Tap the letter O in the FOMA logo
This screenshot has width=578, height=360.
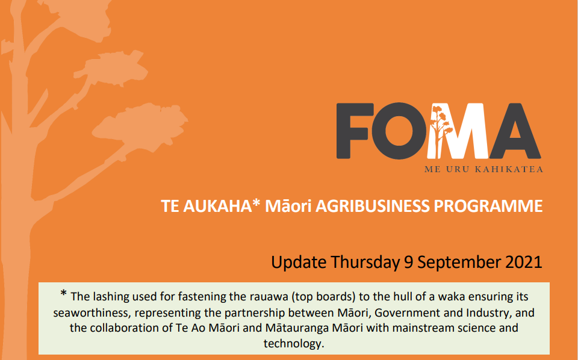399,131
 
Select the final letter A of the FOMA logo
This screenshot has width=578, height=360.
515,131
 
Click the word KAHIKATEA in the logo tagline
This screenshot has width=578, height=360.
509,170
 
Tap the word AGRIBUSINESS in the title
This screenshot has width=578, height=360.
372,206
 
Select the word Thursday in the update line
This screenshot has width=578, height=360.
365,262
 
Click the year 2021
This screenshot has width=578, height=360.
524,262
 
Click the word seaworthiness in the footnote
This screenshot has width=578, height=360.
92,313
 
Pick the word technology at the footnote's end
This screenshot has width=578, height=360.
294,344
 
